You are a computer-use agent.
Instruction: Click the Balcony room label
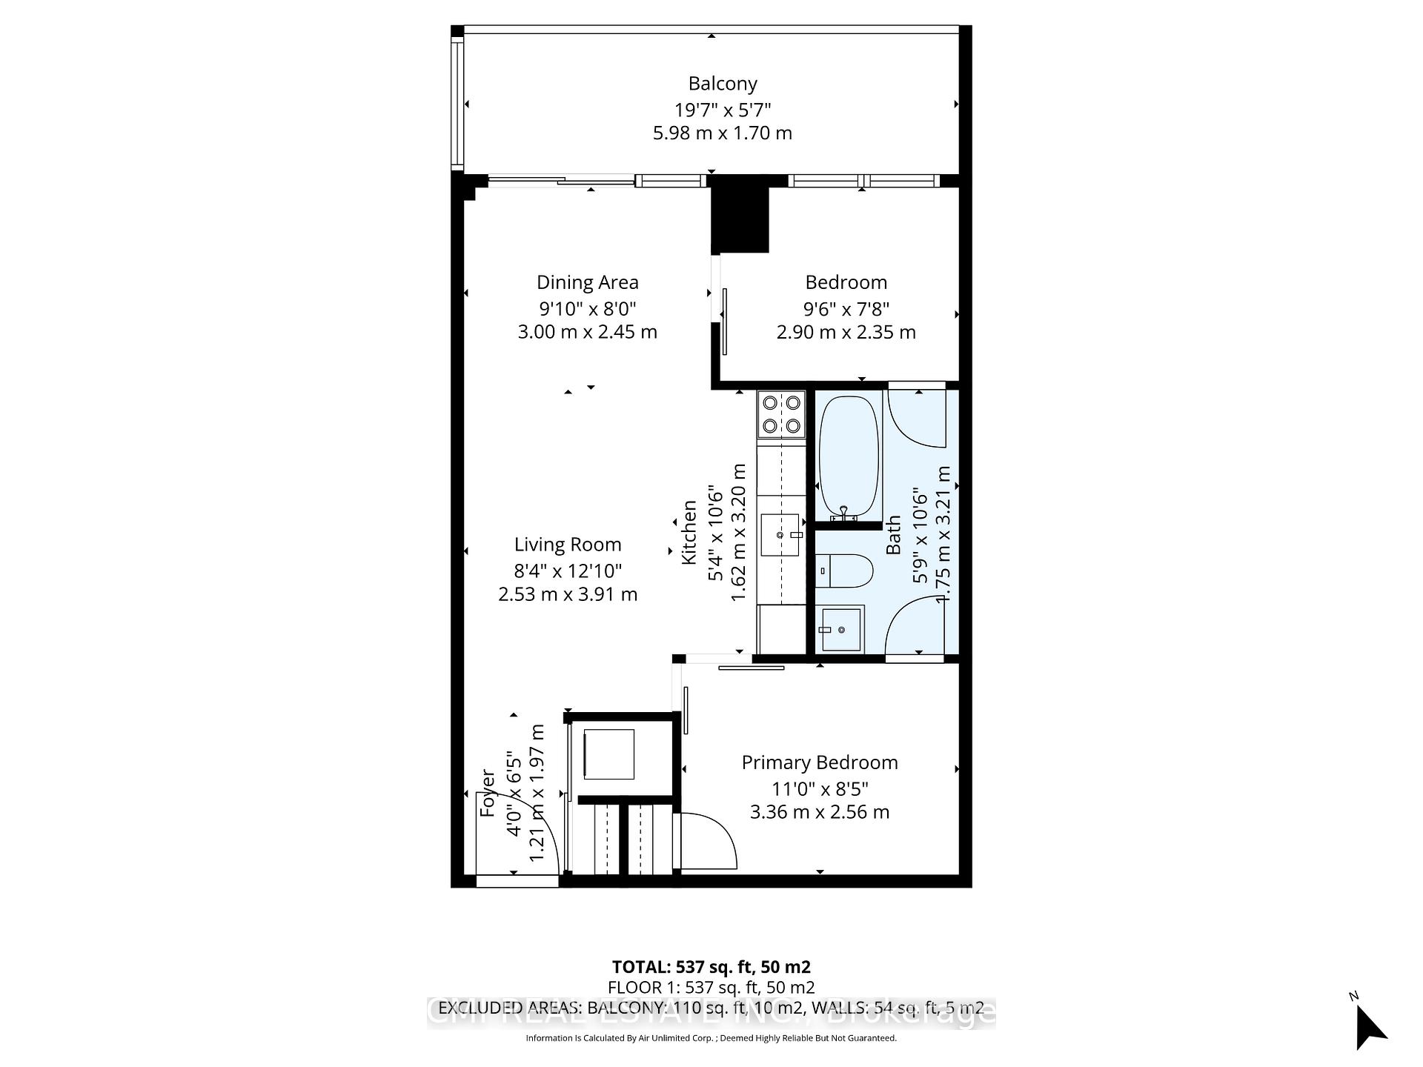pos(722,84)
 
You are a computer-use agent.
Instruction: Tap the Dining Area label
pos(587,282)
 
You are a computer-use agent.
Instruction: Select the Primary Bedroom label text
pos(820,762)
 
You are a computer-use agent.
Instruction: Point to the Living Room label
pos(568,545)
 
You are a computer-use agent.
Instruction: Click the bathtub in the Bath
pos(848,456)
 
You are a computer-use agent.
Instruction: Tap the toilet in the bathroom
pos(845,571)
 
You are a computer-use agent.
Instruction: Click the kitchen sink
pos(780,534)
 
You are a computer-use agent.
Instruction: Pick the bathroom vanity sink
pos(841,630)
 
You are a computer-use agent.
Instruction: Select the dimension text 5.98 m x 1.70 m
pos(722,133)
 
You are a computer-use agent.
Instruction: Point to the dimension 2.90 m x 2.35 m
pos(846,333)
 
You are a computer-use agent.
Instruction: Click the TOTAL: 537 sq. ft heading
pos(711,967)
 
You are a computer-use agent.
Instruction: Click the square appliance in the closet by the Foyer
pos(608,754)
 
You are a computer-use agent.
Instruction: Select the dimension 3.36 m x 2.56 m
pos(819,812)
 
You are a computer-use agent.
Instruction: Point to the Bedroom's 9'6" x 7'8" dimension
pos(846,308)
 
